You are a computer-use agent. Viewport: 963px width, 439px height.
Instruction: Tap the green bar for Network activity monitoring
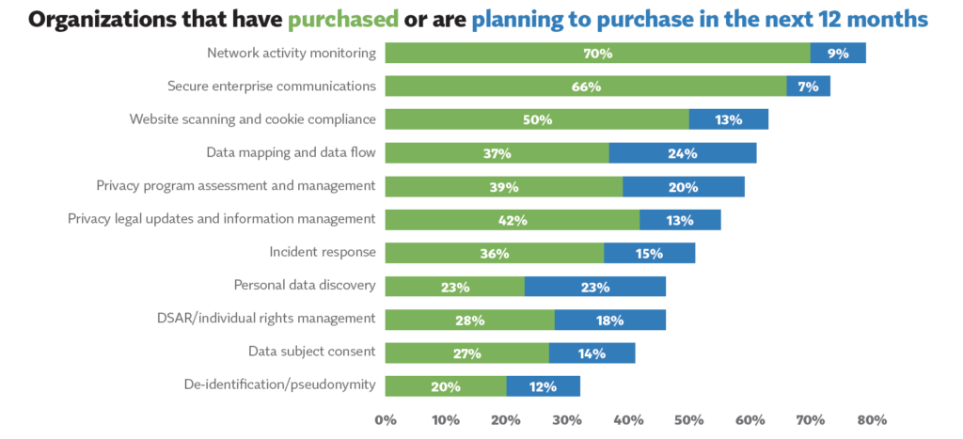point(597,54)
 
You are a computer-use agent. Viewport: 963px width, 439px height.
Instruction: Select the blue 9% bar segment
point(838,54)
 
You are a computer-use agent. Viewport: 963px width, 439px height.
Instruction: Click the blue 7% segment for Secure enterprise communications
point(808,86)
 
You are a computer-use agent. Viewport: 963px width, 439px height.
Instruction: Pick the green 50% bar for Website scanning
point(537,119)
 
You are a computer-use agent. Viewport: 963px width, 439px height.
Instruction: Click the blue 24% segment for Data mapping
point(683,153)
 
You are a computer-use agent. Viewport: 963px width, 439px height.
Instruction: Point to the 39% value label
point(504,187)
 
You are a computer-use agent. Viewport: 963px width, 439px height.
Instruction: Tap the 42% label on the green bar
point(513,220)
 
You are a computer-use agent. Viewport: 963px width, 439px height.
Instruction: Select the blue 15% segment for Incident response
point(649,253)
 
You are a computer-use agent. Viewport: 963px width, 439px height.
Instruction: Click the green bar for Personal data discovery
point(455,287)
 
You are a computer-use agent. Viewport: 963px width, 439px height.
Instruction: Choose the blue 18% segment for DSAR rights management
point(609,320)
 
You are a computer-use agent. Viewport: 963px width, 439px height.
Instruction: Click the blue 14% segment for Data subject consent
point(592,353)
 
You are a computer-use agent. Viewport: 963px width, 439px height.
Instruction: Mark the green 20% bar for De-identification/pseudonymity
point(446,386)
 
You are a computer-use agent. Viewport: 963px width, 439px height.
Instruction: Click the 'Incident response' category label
point(323,252)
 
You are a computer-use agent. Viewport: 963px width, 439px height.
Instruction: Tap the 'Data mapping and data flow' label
point(292,152)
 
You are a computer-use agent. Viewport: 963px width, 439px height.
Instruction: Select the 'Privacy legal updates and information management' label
point(222,219)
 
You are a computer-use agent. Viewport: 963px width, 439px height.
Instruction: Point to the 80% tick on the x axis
point(871,419)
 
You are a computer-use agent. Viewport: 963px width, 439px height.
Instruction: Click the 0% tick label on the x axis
point(386,419)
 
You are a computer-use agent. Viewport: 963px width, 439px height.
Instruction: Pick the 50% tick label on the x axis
point(689,419)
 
